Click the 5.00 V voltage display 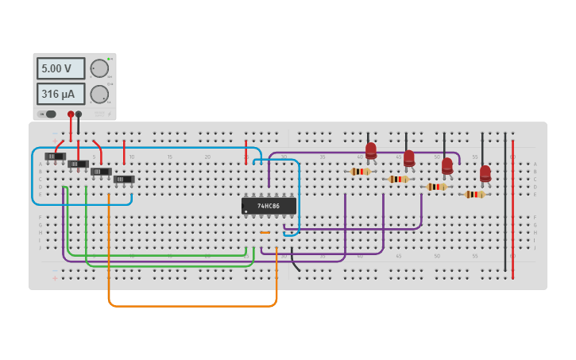coord(60,68)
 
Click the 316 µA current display coord(60,94)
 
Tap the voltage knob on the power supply coord(99,68)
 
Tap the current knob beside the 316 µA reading coord(99,94)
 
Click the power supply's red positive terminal coord(71,114)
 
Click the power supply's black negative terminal coord(78,114)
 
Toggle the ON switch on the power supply coord(48,114)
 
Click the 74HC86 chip coord(269,206)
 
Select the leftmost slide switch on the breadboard coord(55,157)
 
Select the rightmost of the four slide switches coord(124,180)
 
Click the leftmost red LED coord(371,150)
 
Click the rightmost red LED coord(485,173)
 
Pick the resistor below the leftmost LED coord(361,172)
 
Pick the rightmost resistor coord(475,194)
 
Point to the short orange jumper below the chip coord(265,233)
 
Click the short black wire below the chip coord(295,260)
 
